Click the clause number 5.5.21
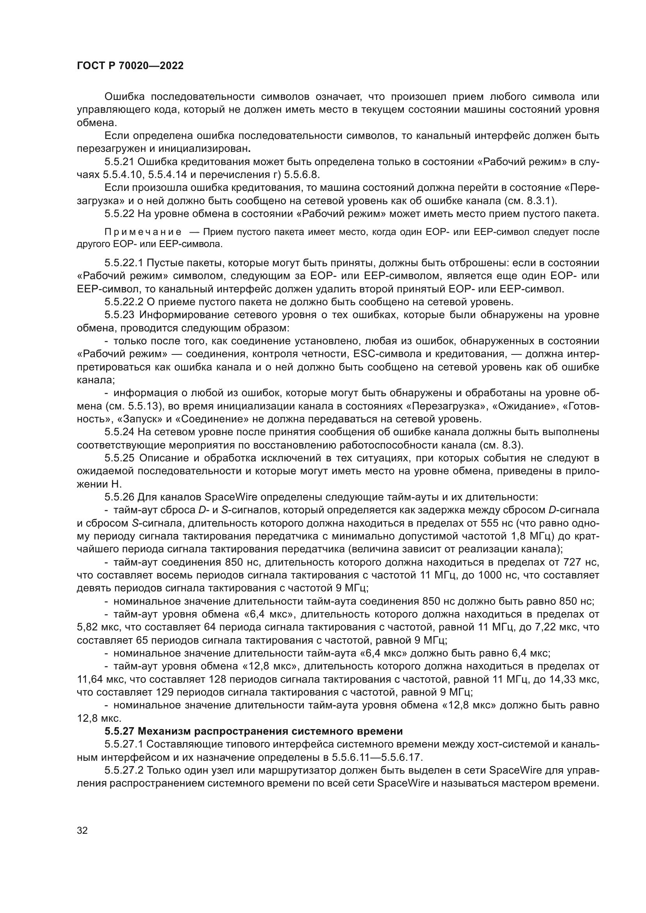pyautogui.click(x=120, y=162)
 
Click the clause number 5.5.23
pyautogui.click(x=120, y=315)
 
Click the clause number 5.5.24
pyautogui.click(x=120, y=432)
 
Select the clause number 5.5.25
pyautogui.click(x=120, y=458)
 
